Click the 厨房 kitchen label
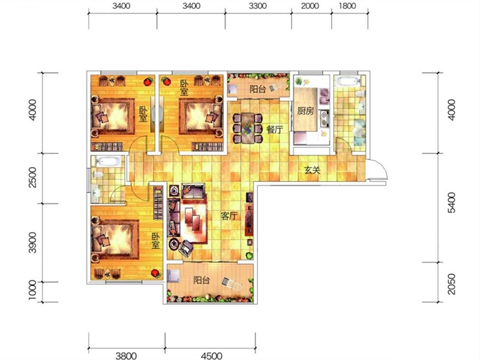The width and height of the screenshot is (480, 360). pos(305,111)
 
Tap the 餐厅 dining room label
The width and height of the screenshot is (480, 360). pos(275,130)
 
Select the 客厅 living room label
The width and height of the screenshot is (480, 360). pos(229,216)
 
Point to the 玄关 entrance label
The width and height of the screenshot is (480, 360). pos(312,170)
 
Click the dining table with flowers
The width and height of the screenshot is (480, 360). pos(248,128)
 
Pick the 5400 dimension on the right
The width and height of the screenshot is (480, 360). pos(451,202)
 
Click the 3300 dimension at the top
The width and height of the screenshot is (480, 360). pos(258,6)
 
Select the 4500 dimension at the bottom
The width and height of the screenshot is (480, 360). pos(212,355)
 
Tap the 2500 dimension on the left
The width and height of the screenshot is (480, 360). pos(32,177)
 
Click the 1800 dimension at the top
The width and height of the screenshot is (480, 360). pos(347,6)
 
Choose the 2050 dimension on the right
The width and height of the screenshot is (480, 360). pos(451,284)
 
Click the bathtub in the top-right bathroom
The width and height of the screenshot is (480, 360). pos(348,82)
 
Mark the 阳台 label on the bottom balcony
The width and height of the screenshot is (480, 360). pos(202,280)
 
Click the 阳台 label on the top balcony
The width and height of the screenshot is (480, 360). pos(258,89)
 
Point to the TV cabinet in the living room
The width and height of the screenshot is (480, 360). pos(249,214)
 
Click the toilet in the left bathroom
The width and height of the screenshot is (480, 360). pos(98,175)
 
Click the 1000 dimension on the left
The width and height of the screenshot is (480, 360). pos(32,290)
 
